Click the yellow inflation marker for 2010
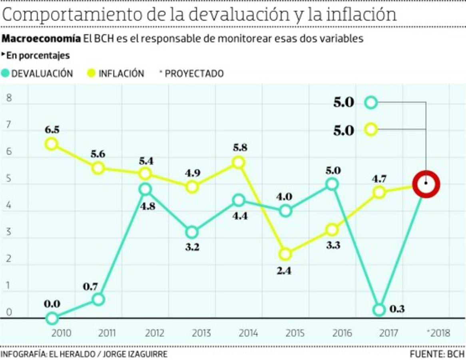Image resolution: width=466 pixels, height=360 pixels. click(51, 144)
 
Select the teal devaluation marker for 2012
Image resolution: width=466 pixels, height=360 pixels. click(146, 189)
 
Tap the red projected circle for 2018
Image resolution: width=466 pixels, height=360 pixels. click(426, 184)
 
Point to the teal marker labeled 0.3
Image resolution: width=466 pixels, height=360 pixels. click(379, 310)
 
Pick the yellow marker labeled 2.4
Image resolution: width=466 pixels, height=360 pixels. click(285, 254)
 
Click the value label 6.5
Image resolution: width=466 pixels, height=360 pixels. click(52, 130)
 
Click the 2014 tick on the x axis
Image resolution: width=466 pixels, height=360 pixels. click(248, 333)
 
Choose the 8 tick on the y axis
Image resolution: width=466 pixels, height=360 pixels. click(9, 98)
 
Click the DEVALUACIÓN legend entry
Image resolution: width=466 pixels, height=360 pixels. click(42, 74)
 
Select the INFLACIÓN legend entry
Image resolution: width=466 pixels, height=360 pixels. click(121, 74)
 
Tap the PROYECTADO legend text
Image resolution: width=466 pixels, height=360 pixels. click(194, 74)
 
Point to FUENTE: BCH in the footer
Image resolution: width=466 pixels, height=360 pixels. click(437, 354)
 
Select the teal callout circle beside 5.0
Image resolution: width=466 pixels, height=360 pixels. click(371, 103)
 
